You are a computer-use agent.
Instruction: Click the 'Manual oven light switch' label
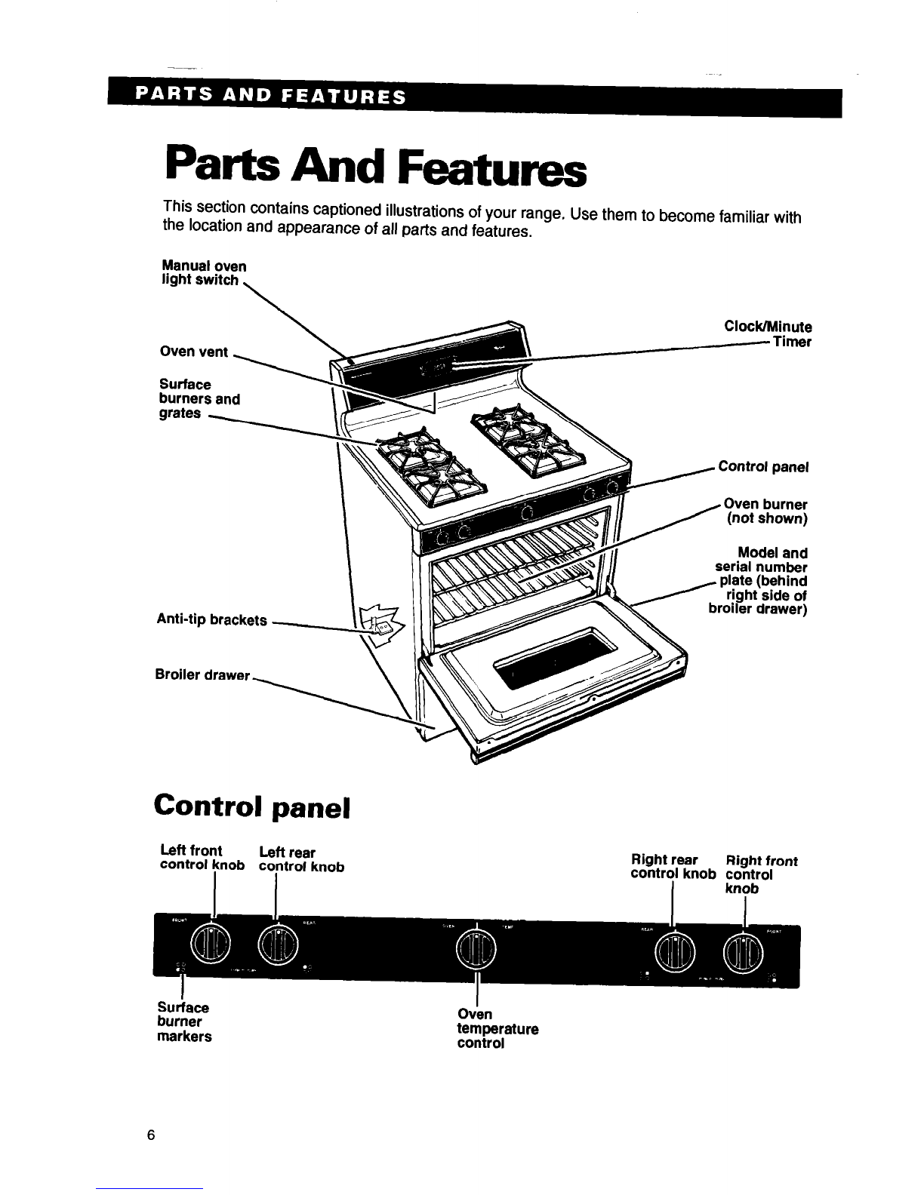[204, 273]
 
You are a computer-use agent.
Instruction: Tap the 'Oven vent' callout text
[194, 352]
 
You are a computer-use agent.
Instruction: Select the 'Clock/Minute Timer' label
[767, 334]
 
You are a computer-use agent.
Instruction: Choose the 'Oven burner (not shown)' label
[765, 511]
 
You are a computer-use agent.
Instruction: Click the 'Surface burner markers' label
[184, 1021]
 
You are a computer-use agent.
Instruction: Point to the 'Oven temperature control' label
[497, 1029]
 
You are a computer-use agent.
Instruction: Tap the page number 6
[152, 1135]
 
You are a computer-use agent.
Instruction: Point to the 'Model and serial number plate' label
[759, 581]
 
